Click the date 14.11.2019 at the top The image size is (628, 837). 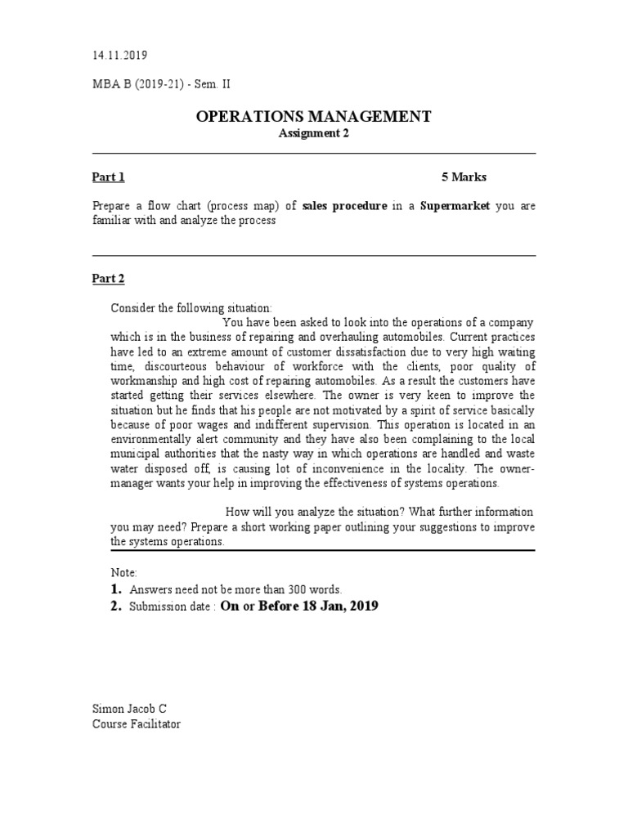coord(119,56)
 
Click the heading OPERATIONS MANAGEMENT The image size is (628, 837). coord(314,117)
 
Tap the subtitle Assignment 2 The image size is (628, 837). coord(314,134)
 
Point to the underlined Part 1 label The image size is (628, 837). coord(108,177)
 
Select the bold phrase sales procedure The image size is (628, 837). coord(344,207)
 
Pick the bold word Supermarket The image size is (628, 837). coord(455,207)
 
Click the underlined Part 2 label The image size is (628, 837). coord(108,279)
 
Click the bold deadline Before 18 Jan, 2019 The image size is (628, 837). coord(318,606)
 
